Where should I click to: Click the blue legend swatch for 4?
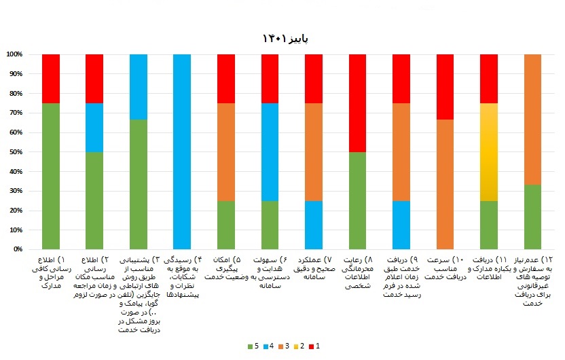pos(270,346)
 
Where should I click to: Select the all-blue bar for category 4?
pos(182,151)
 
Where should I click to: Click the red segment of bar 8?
pos(358,103)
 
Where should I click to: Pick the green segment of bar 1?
pos(51,176)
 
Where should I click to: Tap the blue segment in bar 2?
pos(94,127)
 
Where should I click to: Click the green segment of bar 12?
pos(533,217)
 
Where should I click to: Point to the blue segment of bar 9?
pos(401,225)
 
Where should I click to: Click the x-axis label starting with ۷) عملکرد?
pos(314,268)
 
